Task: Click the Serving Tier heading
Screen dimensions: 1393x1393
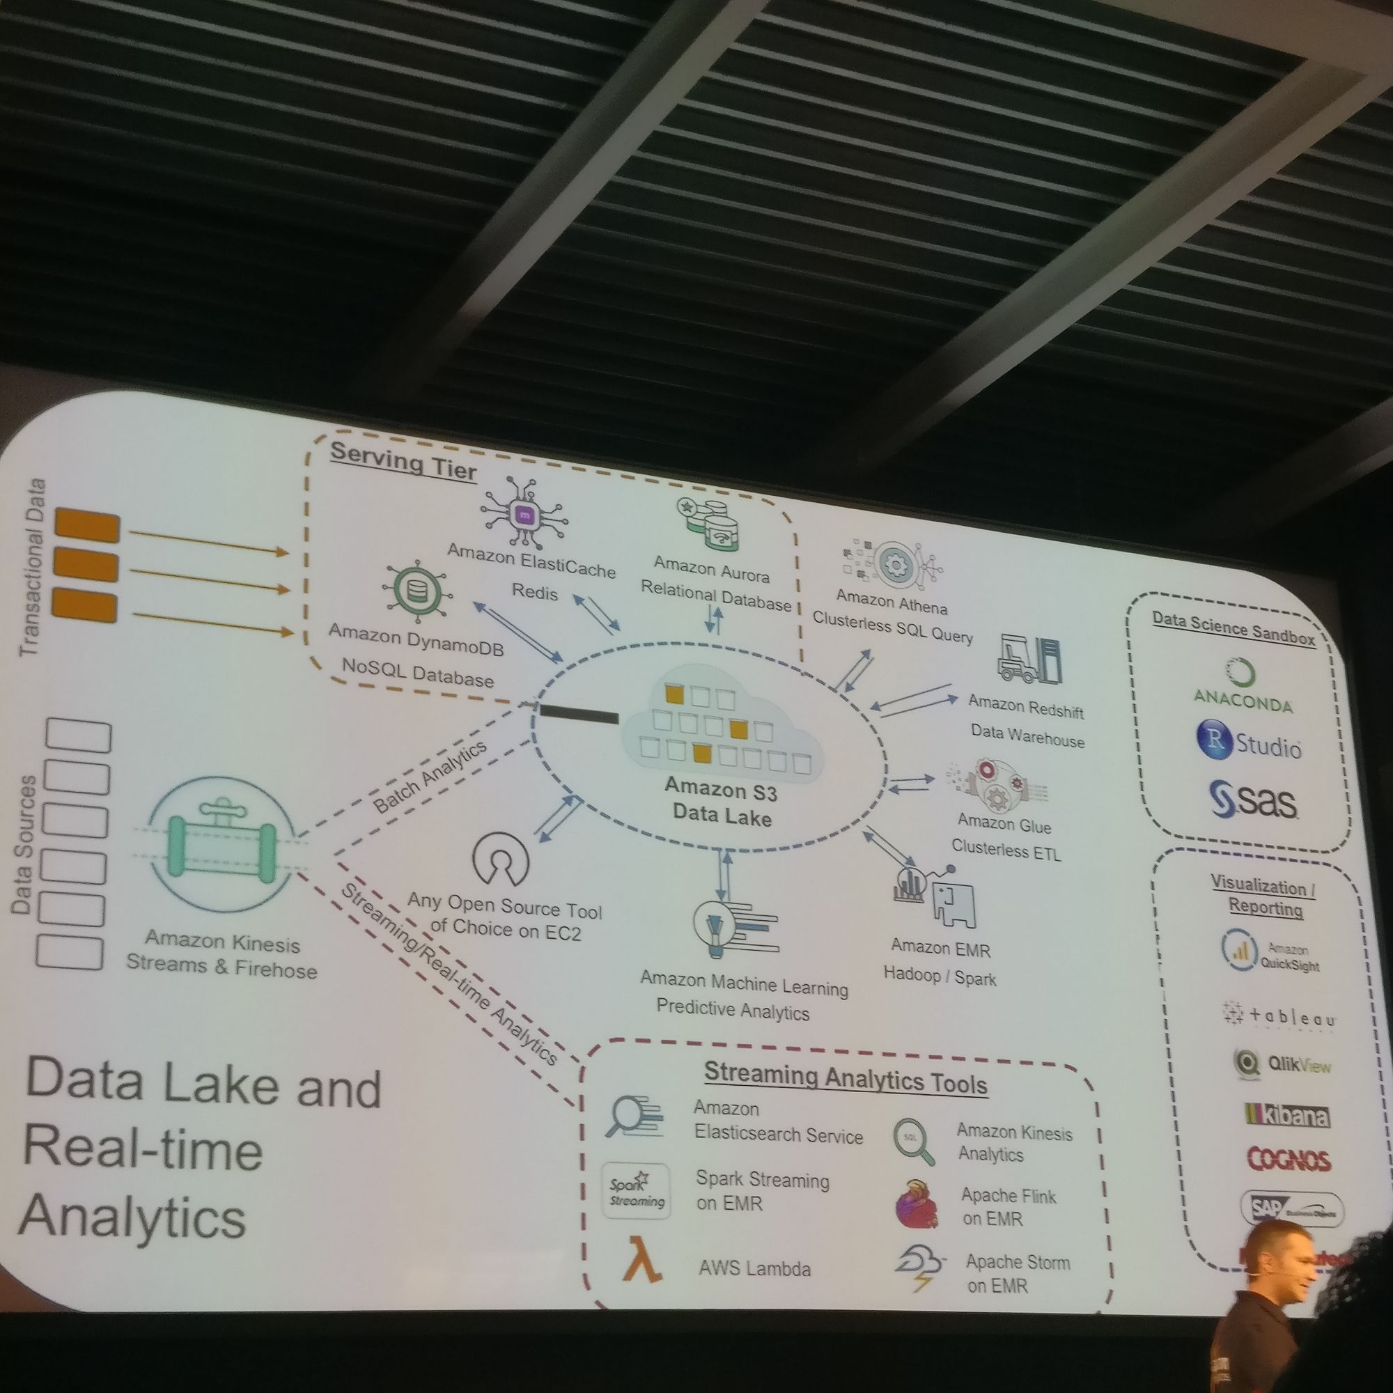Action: pyautogui.click(x=403, y=460)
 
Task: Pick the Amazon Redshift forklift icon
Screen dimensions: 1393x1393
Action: pyautogui.click(x=1029, y=658)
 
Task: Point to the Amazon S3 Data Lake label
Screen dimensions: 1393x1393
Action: pyautogui.click(x=722, y=803)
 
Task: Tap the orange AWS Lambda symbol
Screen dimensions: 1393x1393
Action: pyautogui.click(x=641, y=1279)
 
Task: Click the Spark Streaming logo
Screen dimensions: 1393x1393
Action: pyautogui.click(x=636, y=1192)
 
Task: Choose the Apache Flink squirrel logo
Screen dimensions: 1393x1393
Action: pyautogui.click(x=917, y=1205)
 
